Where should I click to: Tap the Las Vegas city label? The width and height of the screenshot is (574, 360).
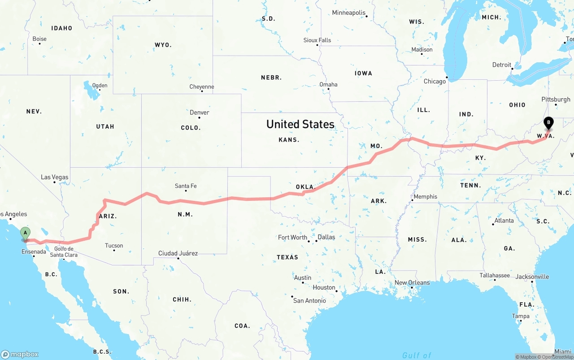(55, 177)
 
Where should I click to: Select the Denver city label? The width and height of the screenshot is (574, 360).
(199, 113)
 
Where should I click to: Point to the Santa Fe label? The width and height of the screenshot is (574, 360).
(186, 186)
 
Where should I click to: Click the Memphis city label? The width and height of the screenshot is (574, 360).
(425, 196)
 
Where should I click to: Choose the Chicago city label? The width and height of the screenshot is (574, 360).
(435, 81)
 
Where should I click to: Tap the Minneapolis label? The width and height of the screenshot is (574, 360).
(349, 13)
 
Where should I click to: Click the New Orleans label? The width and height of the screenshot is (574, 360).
(412, 282)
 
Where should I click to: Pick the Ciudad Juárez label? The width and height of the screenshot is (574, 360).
(178, 253)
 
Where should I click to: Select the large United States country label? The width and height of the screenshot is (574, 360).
(300, 124)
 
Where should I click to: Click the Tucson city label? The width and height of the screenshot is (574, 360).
(114, 246)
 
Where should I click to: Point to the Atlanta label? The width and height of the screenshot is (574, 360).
(504, 221)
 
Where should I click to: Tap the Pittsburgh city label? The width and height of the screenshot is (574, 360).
(556, 100)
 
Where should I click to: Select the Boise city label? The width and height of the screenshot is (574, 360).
(39, 39)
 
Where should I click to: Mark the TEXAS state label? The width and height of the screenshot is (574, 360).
(287, 257)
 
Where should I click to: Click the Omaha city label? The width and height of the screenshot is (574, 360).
(328, 84)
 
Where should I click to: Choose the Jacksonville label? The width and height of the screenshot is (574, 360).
(532, 277)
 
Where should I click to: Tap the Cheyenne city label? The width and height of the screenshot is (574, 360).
(202, 87)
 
